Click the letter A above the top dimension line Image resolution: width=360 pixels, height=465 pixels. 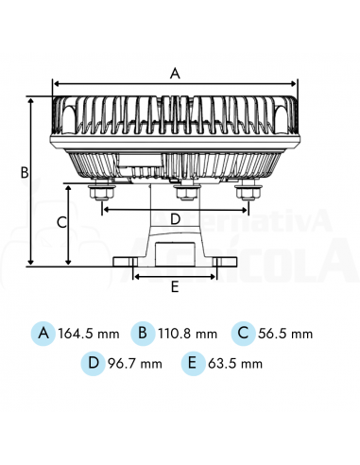(174, 72)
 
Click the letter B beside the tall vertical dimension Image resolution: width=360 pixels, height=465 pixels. (26, 173)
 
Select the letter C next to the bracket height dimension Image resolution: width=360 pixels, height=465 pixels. (61, 223)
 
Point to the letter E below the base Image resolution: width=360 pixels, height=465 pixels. (174, 285)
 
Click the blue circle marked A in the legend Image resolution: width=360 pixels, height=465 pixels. (43, 333)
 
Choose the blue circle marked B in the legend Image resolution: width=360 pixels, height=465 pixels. (142, 333)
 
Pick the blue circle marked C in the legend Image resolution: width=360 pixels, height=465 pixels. (242, 333)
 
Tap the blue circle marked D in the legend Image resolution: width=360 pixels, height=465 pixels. (93, 362)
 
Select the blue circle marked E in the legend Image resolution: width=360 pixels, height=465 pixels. (193, 362)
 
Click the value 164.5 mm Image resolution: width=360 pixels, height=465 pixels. (89, 334)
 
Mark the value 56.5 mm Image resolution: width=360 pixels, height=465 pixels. (285, 334)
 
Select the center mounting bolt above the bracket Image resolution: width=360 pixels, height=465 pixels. (185, 193)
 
